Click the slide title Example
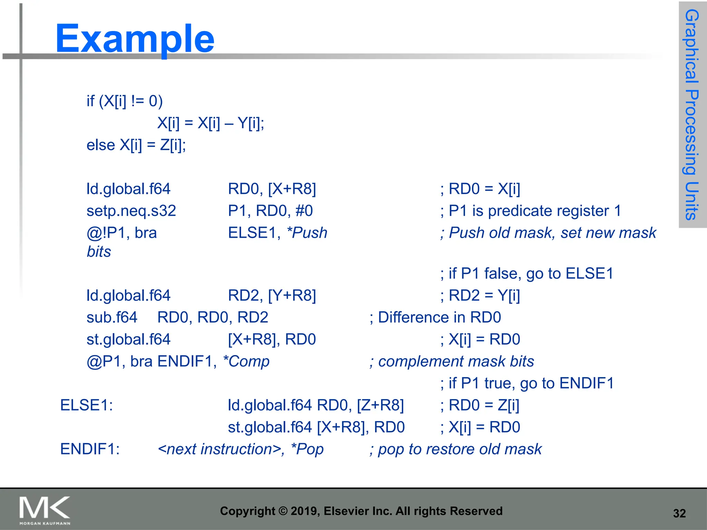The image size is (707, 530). (135, 39)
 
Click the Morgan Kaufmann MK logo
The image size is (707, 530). (45, 509)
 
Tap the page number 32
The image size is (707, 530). (679, 513)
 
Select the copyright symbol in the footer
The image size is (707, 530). (283, 511)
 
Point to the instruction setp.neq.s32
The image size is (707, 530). (131, 211)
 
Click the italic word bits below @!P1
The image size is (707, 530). (99, 252)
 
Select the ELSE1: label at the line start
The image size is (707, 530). (86, 405)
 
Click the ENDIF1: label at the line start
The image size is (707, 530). (90, 449)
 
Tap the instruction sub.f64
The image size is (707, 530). (112, 317)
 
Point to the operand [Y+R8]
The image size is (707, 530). (292, 296)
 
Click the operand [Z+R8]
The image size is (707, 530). (380, 405)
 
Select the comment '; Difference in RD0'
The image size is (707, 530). (435, 317)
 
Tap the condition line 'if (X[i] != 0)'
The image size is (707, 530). (125, 101)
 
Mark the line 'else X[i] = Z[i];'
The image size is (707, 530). (136, 145)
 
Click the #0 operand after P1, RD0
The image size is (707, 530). (304, 211)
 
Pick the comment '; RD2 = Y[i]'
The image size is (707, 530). (480, 296)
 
